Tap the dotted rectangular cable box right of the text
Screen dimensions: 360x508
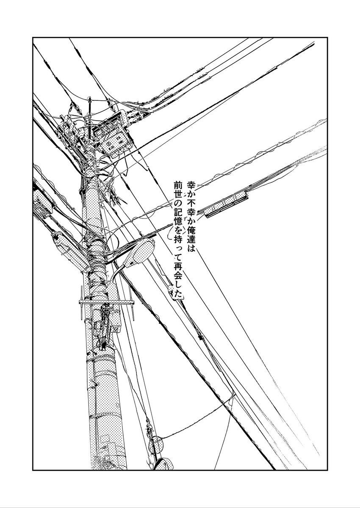pyautogui.click(x=226, y=204)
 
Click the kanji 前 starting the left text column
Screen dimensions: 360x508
pyautogui.click(x=177, y=185)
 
